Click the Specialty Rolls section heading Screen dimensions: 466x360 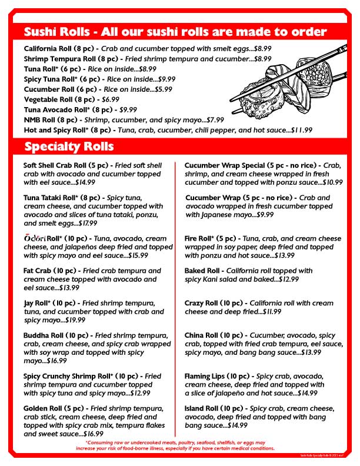[x=69, y=146]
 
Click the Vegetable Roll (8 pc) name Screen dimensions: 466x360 [x=56, y=99]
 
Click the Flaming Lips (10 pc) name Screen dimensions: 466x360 [x=220, y=376]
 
